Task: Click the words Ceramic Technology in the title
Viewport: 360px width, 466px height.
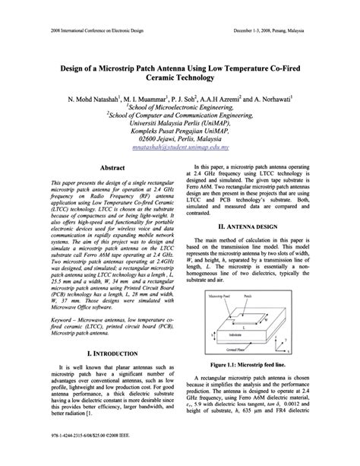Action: (180, 79)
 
